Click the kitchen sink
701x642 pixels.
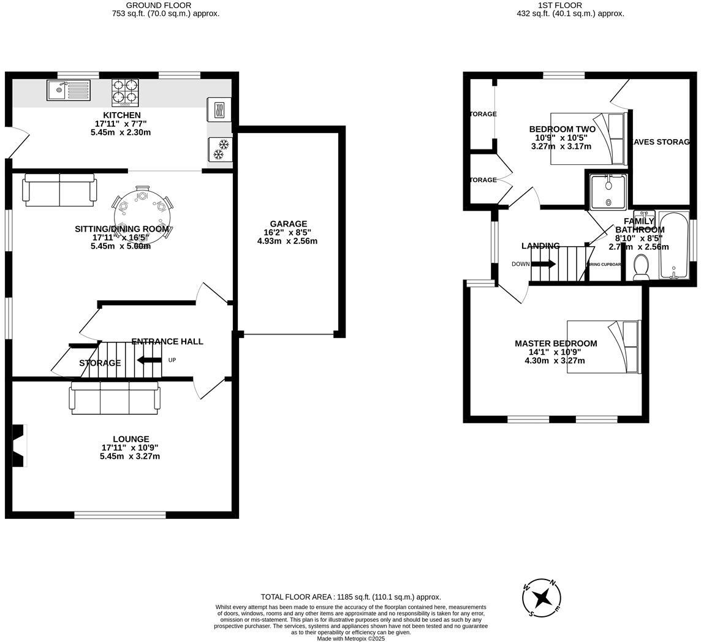click(68, 91)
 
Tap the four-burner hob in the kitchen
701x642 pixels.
click(125, 93)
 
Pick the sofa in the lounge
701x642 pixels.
click(115, 398)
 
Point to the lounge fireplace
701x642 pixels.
click(19, 445)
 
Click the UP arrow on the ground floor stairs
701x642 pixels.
click(149, 360)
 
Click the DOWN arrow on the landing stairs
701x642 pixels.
click(543, 264)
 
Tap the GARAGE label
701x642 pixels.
click(287, 224)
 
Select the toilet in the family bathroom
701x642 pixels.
click(641, 268)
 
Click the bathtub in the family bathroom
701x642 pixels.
click(673, 245)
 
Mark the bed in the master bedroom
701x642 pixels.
click(604, 347)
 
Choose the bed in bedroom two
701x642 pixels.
click(588, 138)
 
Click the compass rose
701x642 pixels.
click(542, 597)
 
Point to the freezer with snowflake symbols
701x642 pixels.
click(220, 149)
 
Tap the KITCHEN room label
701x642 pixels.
click(121, 115)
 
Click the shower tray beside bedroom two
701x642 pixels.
click(608, 192)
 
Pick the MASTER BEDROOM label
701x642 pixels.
click(555, 344)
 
